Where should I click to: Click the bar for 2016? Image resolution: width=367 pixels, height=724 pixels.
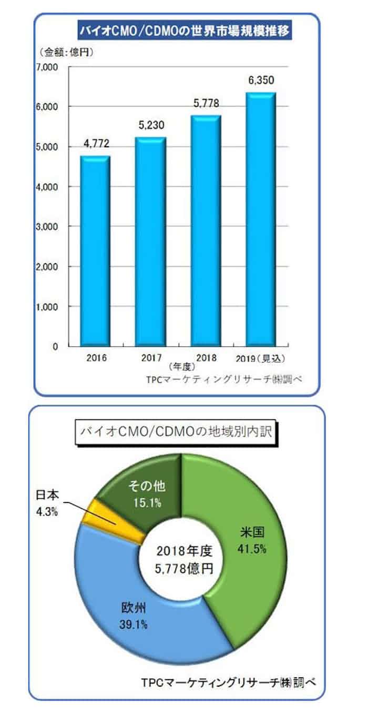click(x=95, y=251)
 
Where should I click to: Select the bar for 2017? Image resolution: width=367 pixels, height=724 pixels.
click(x=151, y=242)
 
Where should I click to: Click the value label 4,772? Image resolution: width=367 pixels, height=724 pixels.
click(x=95, y=144)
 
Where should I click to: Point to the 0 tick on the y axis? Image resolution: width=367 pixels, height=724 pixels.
click(x=55, y=347)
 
